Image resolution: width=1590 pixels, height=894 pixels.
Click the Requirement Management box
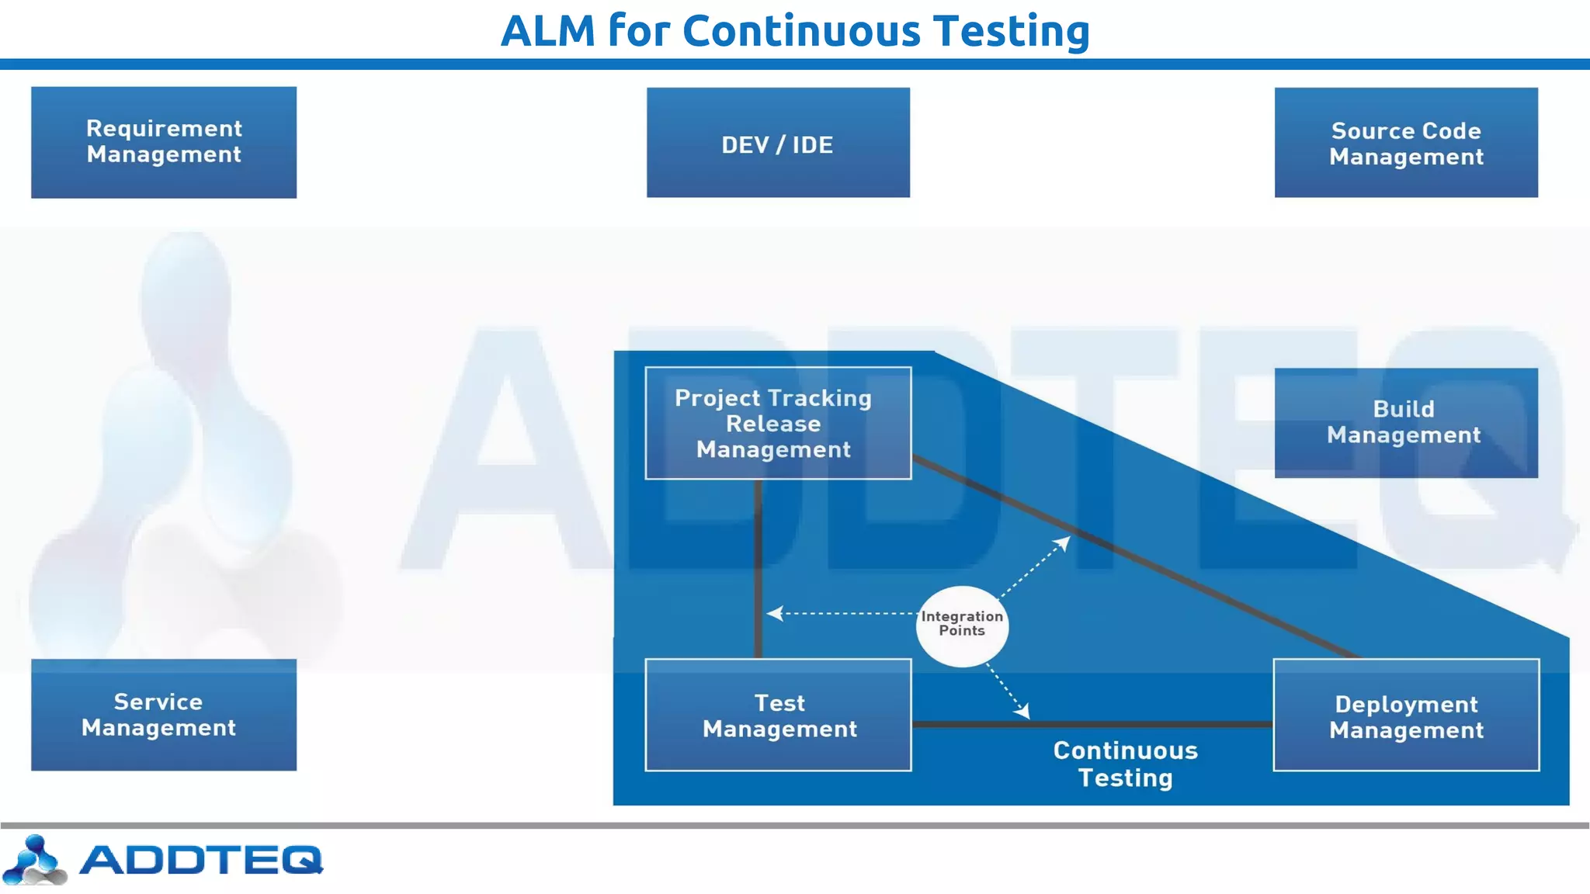(164, 142)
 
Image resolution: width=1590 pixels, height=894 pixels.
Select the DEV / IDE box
(778, 143)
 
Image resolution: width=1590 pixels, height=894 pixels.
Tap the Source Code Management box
(1406, 143)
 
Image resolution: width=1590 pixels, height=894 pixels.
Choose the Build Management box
(1406, 423)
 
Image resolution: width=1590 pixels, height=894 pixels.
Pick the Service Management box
(164, 715)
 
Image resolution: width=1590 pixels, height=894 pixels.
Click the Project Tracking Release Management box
(778, 423)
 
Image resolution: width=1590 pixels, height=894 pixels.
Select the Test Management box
(778, 715)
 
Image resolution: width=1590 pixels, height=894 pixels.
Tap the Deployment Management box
(1406, 715)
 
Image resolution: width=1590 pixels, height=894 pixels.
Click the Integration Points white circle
(962, 625)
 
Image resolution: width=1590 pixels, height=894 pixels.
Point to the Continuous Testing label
(1125, 764)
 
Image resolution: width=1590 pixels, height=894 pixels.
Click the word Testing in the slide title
(1012, 31)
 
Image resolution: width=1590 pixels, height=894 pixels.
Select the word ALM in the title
(548, 31)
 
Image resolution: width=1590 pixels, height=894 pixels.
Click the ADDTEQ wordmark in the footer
(201, 860)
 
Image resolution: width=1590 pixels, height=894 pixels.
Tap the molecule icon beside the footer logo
(34, 860)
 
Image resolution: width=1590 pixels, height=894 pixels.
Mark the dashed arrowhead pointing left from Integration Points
(773, 613)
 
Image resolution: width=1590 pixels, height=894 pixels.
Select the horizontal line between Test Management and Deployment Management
(1092, 725)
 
